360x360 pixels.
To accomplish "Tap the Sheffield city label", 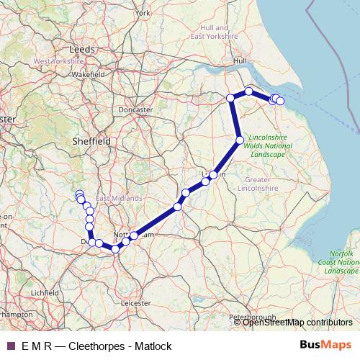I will click(x=91, y=142).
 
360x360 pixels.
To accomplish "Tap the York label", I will click(x=142, y=12).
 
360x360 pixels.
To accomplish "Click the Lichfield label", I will click(x=44, y=293).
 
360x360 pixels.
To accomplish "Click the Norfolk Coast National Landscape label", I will click(x=341, y=262).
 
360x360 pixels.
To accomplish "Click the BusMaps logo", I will click(x=329, y=346).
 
